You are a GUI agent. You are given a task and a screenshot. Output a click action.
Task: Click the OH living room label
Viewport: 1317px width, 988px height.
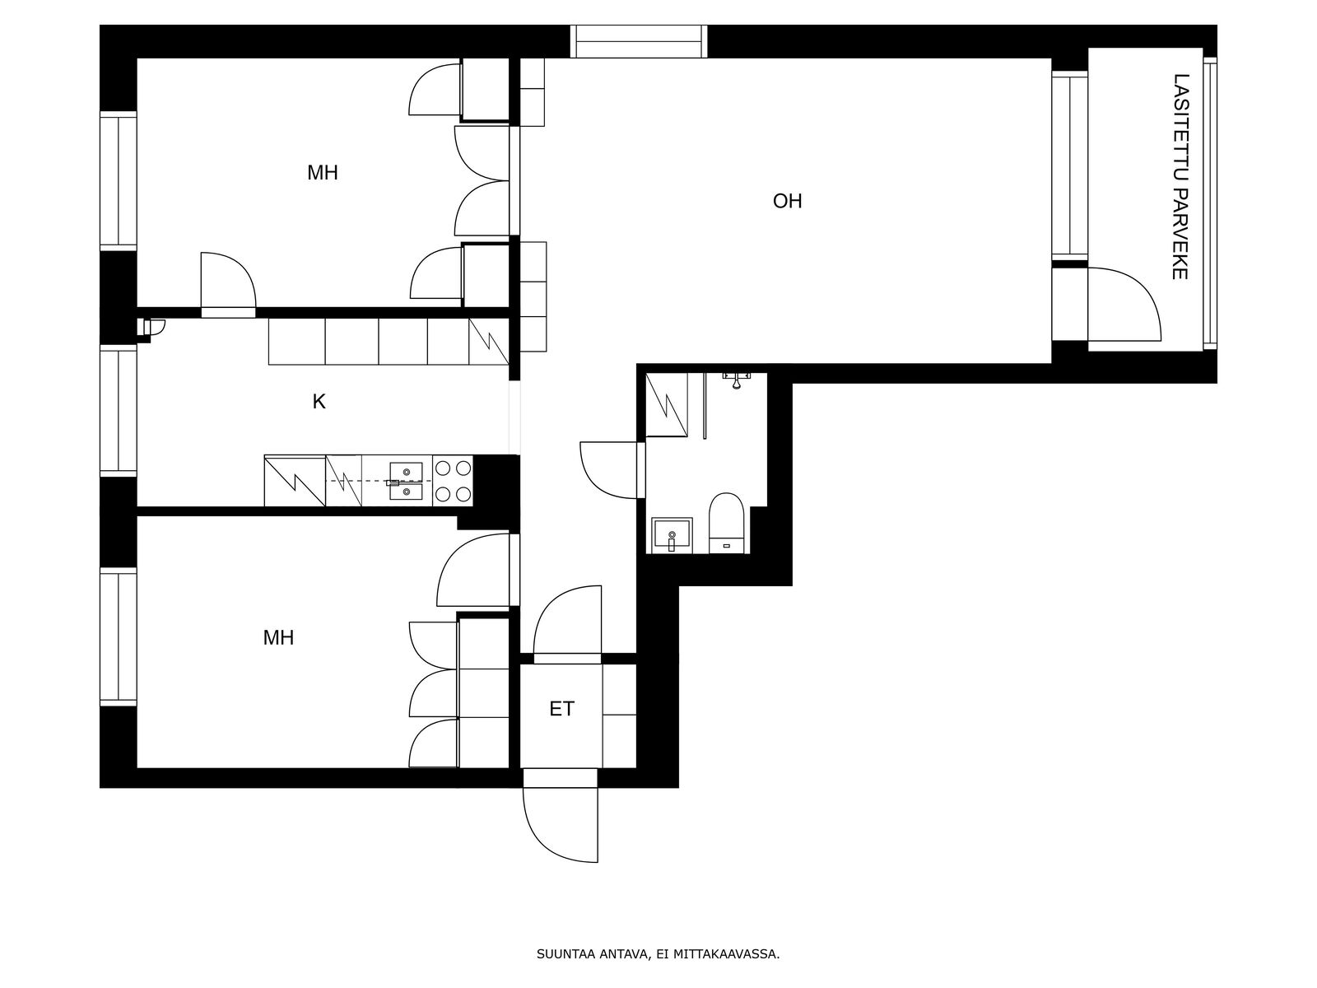pyautogui.click(x=787, y=201)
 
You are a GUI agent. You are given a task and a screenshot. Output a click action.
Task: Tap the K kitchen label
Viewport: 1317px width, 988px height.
pyautogui.click(x=319, y=401)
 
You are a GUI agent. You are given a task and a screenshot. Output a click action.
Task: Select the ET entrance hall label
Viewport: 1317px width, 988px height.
pyautogui.click(x=561, y=709)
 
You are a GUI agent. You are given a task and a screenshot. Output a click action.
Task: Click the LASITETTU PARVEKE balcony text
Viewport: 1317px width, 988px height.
pyautogui.click(x=1180, y=176)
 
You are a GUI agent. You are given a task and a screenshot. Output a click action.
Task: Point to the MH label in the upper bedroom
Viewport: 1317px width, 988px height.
pyautogui.click(x=322, y=173)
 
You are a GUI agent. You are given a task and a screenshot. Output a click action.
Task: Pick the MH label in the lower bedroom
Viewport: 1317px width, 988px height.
pyautogui.click(x=278, y=637)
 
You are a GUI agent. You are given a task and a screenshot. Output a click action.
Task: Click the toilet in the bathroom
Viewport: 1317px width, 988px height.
pyautogui.click(x=726, y=523)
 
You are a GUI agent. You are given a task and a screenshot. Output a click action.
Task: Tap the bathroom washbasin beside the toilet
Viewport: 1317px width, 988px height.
pyautogui.click(x=672, y=535)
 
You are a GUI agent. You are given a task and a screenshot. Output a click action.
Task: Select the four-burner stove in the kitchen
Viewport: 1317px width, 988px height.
pyautogui.click(x=453, y=481)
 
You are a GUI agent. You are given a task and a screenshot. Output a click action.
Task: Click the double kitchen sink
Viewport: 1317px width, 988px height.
pyautogui.click(x=406, y=482)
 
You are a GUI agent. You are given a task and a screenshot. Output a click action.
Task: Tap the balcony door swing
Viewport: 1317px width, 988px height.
pyautogui.click(x=1124, y=305)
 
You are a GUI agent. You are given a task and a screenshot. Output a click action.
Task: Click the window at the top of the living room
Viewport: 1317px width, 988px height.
pyautogui.click(x=639, y=41)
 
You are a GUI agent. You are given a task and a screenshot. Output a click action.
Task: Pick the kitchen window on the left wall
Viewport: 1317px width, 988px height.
pyautogui.click(x=119, y=410)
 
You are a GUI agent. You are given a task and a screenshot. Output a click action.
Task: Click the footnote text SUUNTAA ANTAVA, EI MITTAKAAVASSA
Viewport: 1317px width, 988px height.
pyautogui.click(x=658, y=954)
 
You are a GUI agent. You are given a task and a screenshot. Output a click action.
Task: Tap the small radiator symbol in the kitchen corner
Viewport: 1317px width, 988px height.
pyautogui.click(x=151, y=328)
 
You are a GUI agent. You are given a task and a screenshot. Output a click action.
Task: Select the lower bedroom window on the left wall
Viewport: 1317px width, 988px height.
pyautogui.click(x=119, y=636)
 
